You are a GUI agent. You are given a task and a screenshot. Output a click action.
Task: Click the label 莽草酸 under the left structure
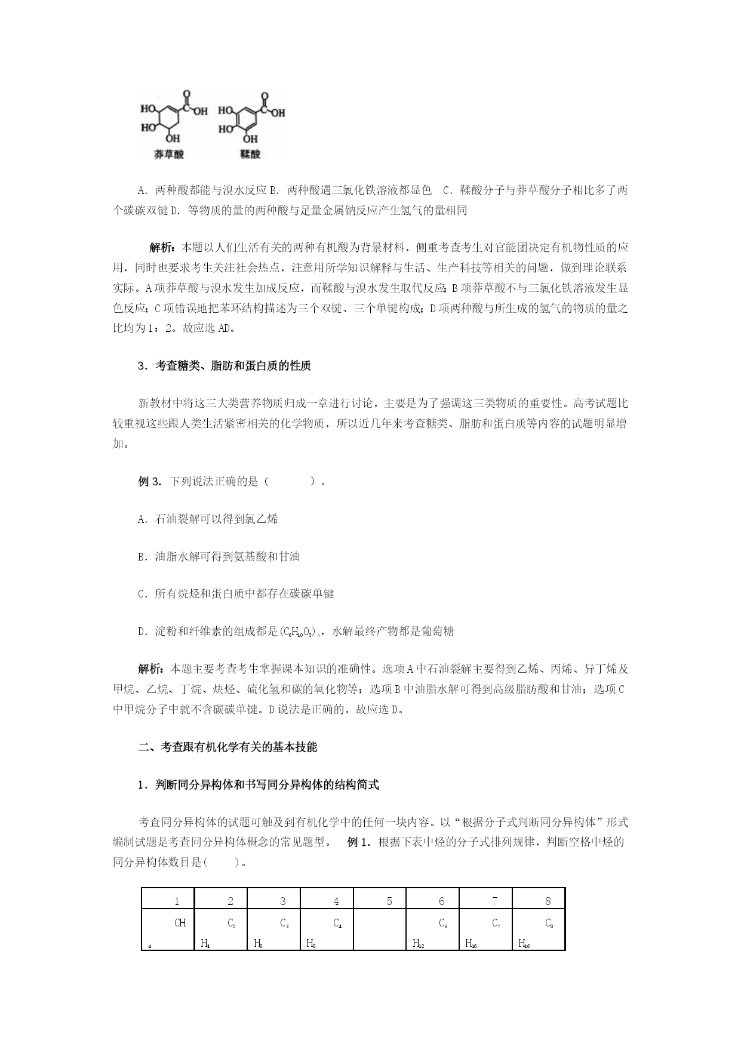[169, 155]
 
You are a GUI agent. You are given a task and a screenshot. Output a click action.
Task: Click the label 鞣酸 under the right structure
[250, 155]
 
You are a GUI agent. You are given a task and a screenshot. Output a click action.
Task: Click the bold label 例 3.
[150, 482]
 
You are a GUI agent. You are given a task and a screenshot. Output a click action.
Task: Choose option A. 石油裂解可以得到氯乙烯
[208, 519]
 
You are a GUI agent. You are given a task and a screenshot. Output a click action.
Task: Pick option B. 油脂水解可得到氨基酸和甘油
[219, 557]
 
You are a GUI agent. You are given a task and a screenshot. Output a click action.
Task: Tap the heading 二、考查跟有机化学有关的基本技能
[227, 747]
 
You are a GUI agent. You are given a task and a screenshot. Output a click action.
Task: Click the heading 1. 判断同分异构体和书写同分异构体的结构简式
[258, 786]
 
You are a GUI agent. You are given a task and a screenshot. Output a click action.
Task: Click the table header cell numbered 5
[389, 901]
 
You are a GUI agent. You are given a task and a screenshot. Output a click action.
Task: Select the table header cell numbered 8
[548, 901]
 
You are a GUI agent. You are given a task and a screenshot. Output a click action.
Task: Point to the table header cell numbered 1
[177, 901]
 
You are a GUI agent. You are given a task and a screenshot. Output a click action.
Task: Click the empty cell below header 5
[380, 929]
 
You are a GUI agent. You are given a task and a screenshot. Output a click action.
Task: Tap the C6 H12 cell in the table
[432, 929]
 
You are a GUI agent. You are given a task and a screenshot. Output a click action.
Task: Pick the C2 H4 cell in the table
[221, 929]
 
